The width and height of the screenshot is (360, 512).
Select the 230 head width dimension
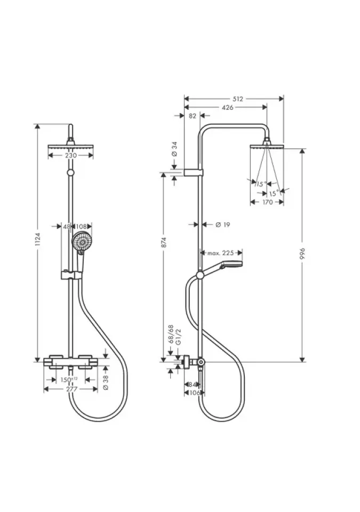(x=71, y=155)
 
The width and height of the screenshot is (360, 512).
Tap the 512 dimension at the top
(x=238, y=99)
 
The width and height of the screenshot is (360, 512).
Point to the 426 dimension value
(x=228, y=107)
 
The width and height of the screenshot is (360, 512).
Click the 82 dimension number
(x=193, y=116)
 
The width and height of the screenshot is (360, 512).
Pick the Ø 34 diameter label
(x=174, y=149)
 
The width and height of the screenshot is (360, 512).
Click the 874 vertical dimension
(x=165, y=242)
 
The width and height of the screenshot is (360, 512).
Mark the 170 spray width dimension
(x=267, y=202)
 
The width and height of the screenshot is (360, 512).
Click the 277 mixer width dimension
(x=71, y=389)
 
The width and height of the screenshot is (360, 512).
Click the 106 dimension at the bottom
(x=194, y=393)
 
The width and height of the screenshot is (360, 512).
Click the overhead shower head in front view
(x=70, y=146)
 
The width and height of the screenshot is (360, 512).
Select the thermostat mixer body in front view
(x=71, y=361)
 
